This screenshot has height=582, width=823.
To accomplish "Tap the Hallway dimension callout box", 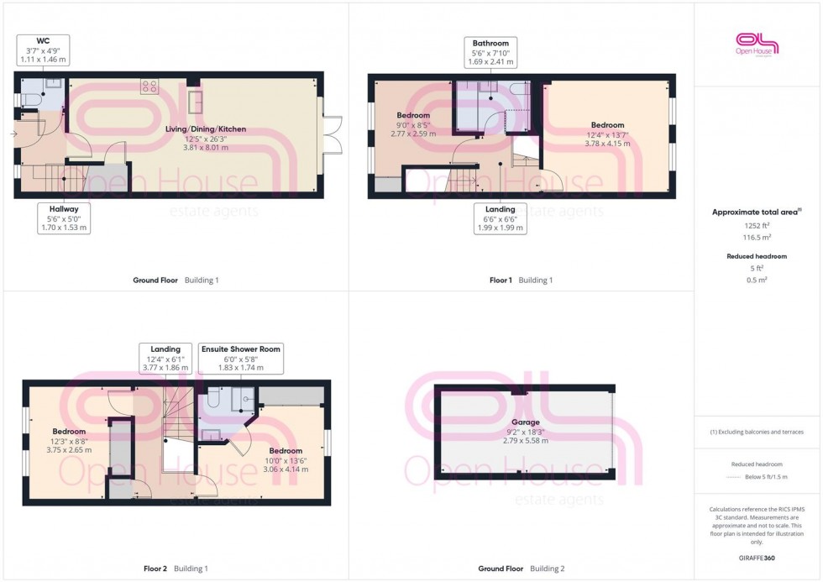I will tap(64, 218).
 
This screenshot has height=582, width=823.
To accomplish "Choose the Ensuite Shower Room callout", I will tap(241, 359).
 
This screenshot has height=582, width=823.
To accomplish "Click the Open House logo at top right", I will tap(757, 45).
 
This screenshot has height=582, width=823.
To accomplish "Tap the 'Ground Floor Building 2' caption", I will tap(521, 569).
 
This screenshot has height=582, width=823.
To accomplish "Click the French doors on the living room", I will tap(332, 135).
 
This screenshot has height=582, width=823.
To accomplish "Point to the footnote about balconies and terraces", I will tap(757, 432).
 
